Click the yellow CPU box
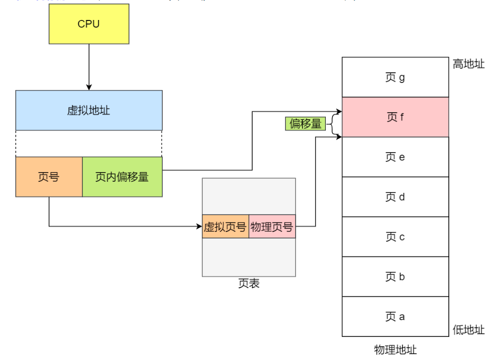pos(89,24)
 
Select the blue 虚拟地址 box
pos(89,110)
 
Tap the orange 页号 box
pos(49,177)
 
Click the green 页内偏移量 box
pos(122,177)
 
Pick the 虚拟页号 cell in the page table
pos(225,226)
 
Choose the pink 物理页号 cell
pos(272,226)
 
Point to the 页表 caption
pos(248,283)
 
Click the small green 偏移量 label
pos(305,123)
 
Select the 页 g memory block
pos(395,77)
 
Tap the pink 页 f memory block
pos(395,117)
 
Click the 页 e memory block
pos(395,157)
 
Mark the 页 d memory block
pos(395,197)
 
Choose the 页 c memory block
pos(395,237)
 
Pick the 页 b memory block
pos(395,277)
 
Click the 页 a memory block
pos(395,316)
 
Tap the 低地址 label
pos(468,330)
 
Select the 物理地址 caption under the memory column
pos(395,350)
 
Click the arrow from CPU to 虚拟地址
pos(89,67)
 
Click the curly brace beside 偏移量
pos(334,123)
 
